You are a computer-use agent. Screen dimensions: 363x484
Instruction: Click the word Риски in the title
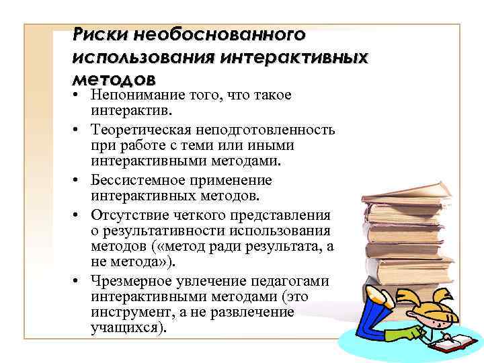(x=102, y=33)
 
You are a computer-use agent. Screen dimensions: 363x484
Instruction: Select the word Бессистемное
(x=132, y=180)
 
